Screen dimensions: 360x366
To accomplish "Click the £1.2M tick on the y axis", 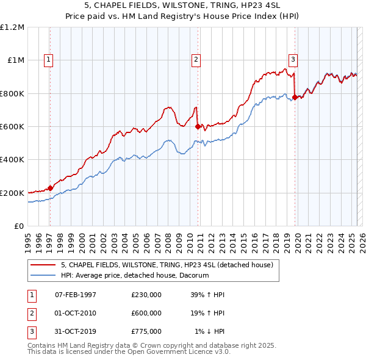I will (x=12, y=27).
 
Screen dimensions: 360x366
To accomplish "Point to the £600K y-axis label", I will (x=12, y=126).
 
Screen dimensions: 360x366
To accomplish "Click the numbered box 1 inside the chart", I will (x=48, y=59).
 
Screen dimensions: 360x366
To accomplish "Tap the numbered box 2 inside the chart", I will (x=196, y=59).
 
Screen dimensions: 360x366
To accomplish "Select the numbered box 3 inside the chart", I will (x=293, y=59).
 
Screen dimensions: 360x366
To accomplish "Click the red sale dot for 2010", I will (x=198, y=127).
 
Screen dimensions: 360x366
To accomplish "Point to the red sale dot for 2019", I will (x=295, y=97).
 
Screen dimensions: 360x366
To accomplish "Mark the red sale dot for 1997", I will (x=50, y=188).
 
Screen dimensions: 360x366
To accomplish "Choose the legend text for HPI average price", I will (x=135, y=275).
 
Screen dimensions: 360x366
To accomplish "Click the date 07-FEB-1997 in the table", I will (x=76, y=295).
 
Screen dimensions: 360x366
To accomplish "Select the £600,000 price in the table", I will (x=146, y=313).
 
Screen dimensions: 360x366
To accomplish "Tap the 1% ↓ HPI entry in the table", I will (x=210, y=331).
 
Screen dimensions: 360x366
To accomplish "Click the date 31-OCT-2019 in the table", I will (x=76, y=331).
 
